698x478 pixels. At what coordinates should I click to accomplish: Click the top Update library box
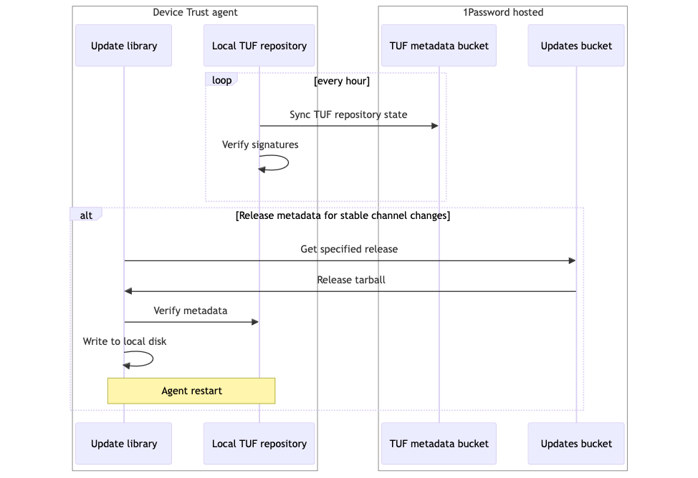123,46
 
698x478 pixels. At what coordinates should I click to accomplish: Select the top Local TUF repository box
259,46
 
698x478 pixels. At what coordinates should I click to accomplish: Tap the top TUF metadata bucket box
439,46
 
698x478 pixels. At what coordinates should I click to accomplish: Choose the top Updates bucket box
576,46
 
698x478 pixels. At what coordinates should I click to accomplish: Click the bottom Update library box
123,444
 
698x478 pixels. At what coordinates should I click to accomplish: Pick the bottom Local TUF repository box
259,444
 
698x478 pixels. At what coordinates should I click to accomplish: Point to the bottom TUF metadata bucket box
439,444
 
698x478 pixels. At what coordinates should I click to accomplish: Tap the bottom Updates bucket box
576,444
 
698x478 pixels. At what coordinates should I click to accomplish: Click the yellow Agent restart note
191,391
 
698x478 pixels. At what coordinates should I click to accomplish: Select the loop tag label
221,80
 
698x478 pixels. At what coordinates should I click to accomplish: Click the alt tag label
86,215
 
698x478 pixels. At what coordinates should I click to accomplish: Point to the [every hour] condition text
342,81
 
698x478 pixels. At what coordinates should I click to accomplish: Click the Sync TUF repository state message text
348,114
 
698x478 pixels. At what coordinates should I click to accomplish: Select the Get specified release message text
349,249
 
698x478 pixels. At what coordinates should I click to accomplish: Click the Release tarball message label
351,280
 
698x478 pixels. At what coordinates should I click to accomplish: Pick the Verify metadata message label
190,311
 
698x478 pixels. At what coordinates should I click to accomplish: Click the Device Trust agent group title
195,12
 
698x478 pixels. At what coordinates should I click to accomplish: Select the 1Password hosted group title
503,12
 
